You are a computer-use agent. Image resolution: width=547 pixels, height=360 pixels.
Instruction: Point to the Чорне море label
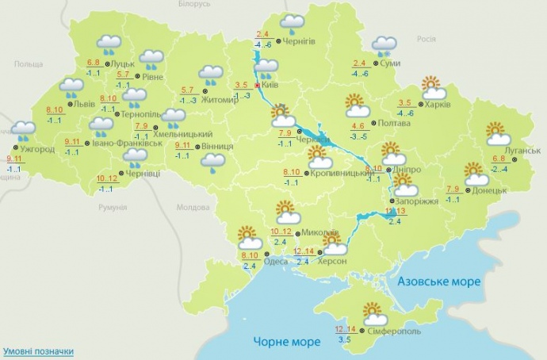[287, 342]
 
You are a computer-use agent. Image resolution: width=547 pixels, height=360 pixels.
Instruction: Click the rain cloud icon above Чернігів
[293, 23]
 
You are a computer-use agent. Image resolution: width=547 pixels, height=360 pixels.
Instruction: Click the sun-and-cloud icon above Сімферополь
[373, 313]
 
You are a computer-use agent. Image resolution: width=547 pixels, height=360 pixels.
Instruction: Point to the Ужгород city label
[36, 149]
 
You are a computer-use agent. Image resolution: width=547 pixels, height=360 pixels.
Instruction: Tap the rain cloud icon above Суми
[385, 45]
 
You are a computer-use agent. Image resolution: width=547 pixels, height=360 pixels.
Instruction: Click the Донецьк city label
[489, 190]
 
